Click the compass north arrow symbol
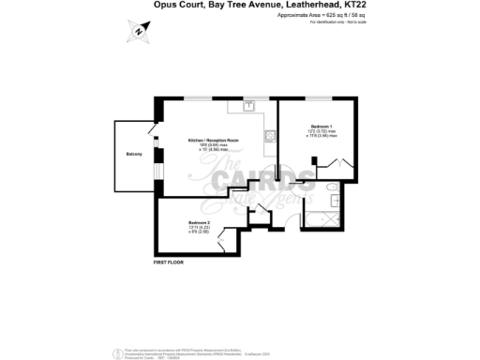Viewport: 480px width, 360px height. [x=139, y=32]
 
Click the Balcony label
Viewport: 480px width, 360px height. [x=133, y=154]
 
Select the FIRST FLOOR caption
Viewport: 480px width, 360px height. [x=170, y=263]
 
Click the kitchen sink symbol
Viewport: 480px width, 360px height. [x=250, y=106]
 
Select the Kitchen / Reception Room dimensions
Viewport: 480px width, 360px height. [x=213, y=148]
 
